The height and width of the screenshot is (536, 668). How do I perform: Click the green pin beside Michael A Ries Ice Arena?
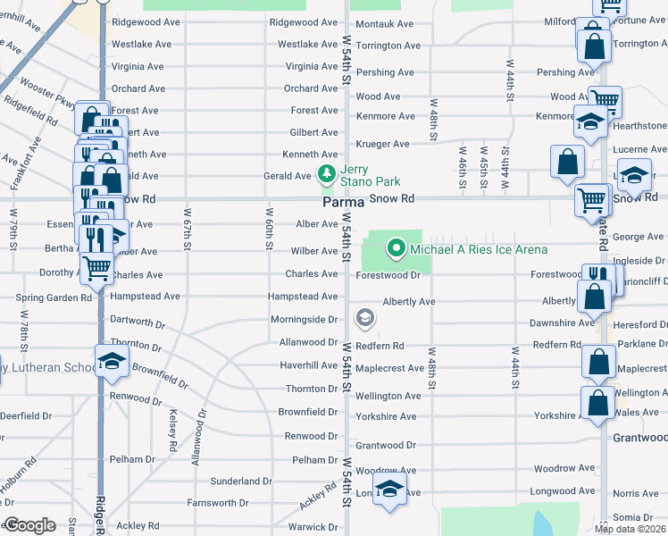pyautogui.click(x=395, y=248)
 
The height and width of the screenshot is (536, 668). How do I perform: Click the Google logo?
pyautogui.click(x=29, y=525)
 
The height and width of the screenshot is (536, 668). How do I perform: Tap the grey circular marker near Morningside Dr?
pyautogui.click(x=363, y=317)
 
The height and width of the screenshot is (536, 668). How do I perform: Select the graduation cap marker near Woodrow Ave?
pyautogui.click(x=388, y=489)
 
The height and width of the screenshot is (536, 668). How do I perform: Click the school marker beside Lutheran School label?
pyautogui.click(x=112, y=362)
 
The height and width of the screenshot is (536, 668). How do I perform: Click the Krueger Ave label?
pyautogui.click(x=382, y=144)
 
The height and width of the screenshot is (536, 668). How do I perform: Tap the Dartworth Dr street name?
pyautogui.click(x=138, y=319)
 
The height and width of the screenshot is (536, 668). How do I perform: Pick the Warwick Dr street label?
pyautogui.click(x=313, y=527)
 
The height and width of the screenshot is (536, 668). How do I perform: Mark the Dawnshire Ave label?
pyautogui.click(x=562, y=323)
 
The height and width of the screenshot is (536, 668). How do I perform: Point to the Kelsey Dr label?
pyautogui.click(x=171, y=431)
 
